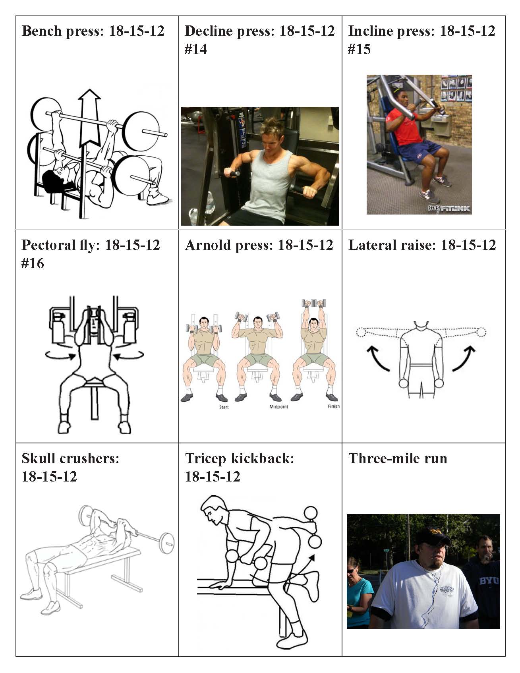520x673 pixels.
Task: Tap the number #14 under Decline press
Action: [195, 49]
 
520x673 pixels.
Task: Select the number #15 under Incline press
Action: [359, 49]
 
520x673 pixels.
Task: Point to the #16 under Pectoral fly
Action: [33, 263]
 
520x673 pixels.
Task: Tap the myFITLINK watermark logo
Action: [449, 208]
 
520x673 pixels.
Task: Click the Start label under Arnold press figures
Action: [224, 407]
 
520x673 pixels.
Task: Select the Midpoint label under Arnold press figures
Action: [279, 406]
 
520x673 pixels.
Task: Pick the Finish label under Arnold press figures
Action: [334, 406]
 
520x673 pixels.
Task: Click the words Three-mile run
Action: [398, 458]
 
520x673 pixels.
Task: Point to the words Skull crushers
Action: [70, 458]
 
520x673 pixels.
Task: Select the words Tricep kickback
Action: [240, 459]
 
